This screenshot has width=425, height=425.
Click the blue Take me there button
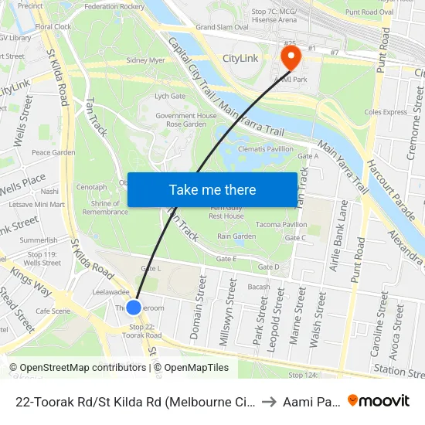coord(212,189)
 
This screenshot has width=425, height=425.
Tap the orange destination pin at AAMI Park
coord(291,56)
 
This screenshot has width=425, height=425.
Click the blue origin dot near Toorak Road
coord(134,307)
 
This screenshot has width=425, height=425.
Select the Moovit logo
coord(379,400)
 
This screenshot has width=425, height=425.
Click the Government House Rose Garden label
coord(185,120)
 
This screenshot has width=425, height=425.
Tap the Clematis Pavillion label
coord(265,148)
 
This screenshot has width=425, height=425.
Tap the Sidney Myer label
coord(146,59)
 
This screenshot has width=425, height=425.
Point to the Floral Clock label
coord(53,26)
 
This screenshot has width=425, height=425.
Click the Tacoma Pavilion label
coord(281,225)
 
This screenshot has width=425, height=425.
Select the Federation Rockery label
coord(114,6)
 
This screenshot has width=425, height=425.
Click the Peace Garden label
coord(53,152)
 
